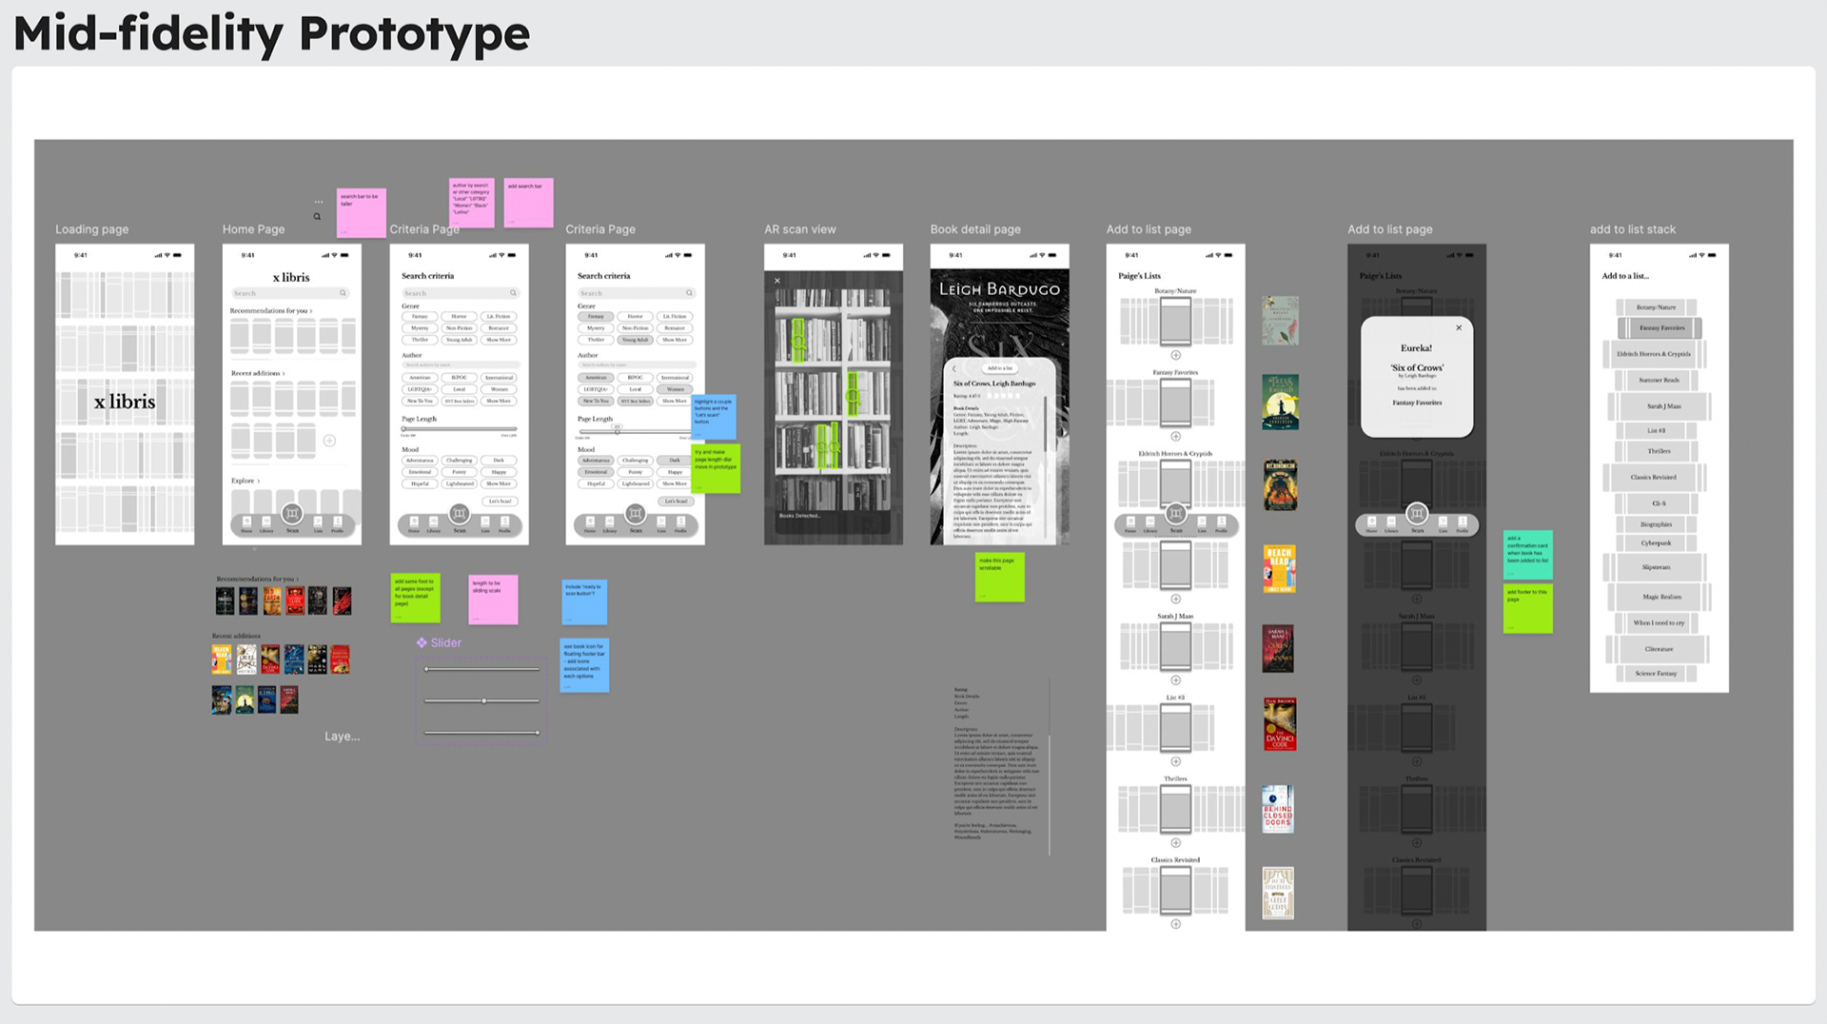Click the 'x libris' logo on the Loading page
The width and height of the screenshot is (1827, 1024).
(125, 402)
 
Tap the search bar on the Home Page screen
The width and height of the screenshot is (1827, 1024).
(291, 293)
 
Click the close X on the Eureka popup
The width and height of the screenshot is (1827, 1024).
(1459, 328)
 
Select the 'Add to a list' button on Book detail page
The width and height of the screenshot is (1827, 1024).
(999, 368)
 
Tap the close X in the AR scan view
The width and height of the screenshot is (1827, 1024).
(777, 281)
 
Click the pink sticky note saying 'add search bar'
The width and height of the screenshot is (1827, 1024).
(528, 203)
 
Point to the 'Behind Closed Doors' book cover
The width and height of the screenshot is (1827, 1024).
(1277, 809)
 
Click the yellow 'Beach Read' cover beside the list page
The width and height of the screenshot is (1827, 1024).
(1279, 568)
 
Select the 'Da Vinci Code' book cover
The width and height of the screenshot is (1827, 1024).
(1279, 724)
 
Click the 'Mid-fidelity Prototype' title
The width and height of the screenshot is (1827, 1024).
(271, 34)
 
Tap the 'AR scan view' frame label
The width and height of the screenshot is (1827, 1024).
(799, 229)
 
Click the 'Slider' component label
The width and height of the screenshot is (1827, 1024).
(445, 643)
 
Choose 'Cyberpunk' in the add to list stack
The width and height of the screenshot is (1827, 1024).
(1656, 543)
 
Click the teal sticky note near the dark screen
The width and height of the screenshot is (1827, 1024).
(1527, 554)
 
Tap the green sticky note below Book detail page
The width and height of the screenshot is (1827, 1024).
(999, 577)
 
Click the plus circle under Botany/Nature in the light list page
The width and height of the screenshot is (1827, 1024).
(1175, 355)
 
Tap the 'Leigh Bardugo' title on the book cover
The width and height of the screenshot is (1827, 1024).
(999, 289)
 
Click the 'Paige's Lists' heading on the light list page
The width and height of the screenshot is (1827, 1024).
(1139, 276)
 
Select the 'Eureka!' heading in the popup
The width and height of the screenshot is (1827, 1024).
(1416, 348)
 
